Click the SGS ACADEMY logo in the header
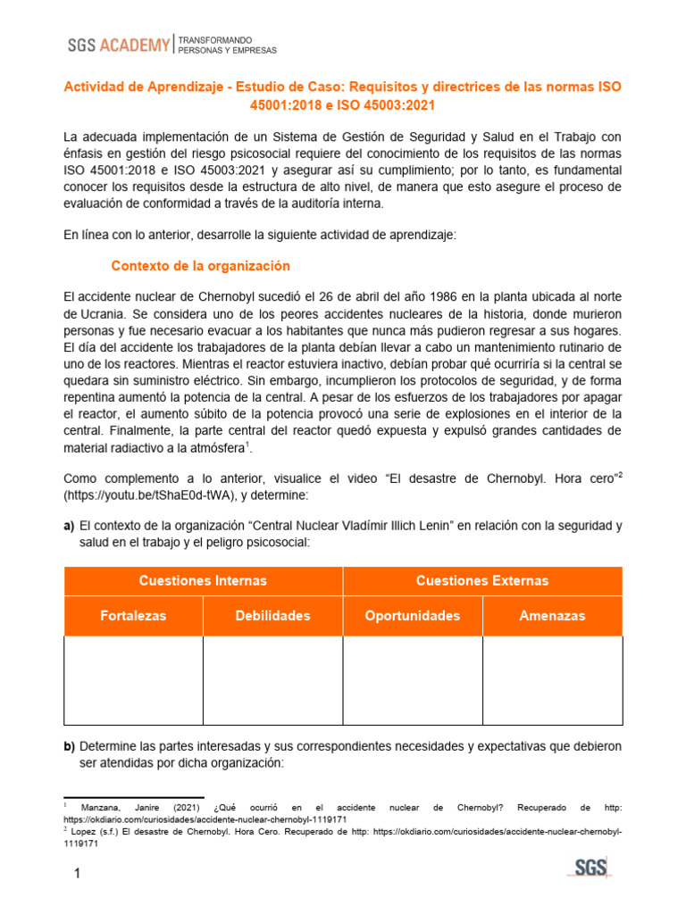[x=118, y=46]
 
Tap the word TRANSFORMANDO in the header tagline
[x=215, y=41]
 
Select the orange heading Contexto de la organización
[x=200, y=266]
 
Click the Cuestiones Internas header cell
[x=203, y=581]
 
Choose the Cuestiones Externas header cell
[x=482, y=581]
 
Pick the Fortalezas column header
[x=133, y=616]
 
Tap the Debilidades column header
[x=272, y=616]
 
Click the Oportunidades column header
[x=413, y=616]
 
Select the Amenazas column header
[x=552, y=616]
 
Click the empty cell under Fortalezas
[x=133, y=680]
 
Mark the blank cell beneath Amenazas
[x=552, y=680]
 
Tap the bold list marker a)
[x=69, y=526]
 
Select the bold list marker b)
[x=69, y=745]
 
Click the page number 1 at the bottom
[x=77, y=873]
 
